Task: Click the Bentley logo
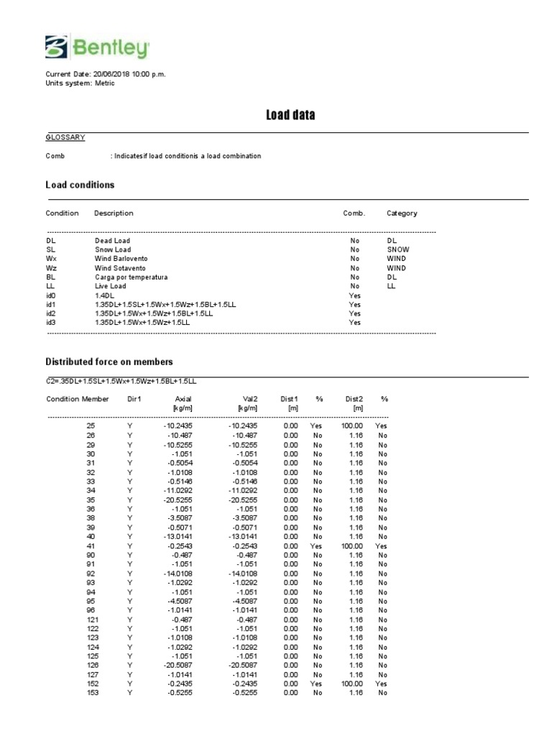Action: [x=97, y=47]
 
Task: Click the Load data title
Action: [x=290, y=115]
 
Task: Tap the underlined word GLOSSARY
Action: [x=65, y=137]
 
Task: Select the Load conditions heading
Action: [x=80, y=185]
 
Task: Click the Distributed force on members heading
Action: [x=109, y=362]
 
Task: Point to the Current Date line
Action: [x=105, y=74]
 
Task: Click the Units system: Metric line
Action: [x=80, y=83]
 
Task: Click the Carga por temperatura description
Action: [x=131, y=276]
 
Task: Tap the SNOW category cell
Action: [x=397, y=249]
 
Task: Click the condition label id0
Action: [x=50, y=295]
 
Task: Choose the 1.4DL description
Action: [x=103, y=295]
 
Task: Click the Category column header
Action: [x=402, y=213]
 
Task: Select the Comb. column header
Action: [x=354, y=213]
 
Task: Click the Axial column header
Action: [x=183, y=398]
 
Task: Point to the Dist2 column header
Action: [x=354, y=398]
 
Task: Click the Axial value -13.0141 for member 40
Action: [x=177, y=536]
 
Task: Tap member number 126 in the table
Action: [x=91, y=666]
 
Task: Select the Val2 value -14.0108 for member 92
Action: [x=241, y=574]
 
